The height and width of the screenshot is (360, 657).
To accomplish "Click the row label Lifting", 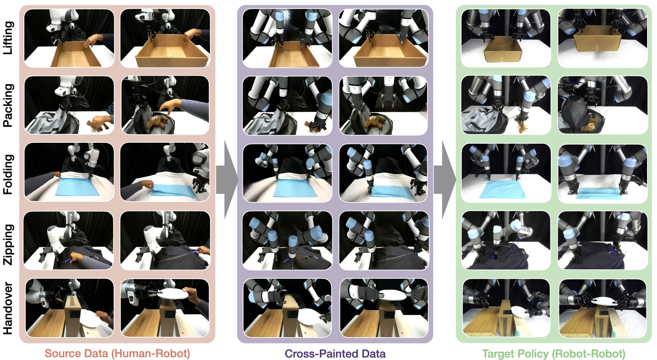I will pos(8,38).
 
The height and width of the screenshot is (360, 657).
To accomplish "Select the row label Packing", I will pos(8,105).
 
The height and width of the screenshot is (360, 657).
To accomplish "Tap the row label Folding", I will pos(8,174).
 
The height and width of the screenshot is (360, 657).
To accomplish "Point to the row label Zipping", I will pos(8,245).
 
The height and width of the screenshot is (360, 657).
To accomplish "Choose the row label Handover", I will pos(8,308).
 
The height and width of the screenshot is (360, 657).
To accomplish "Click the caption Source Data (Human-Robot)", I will pos(117,353).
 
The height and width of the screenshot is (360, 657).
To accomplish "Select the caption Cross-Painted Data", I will pos(335,353).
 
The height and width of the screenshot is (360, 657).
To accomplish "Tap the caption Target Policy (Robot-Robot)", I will pos(553,353).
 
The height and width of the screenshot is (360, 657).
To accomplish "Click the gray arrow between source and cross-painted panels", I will pos(227,180).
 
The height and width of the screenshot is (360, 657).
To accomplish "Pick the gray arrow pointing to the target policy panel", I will pos(445,180).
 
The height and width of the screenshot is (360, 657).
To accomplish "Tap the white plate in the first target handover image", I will pos(520,312).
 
